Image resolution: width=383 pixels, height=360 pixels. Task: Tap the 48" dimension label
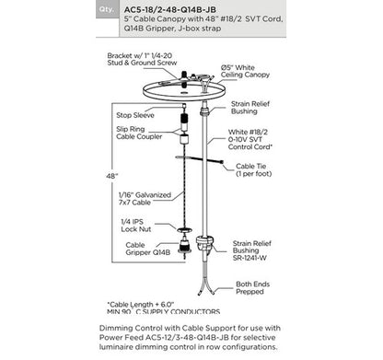click(x=111, y=175)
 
